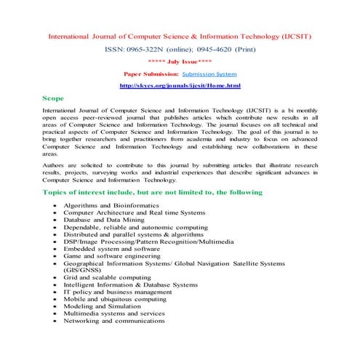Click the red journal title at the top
pos(179,36)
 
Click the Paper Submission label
pos(149,74)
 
